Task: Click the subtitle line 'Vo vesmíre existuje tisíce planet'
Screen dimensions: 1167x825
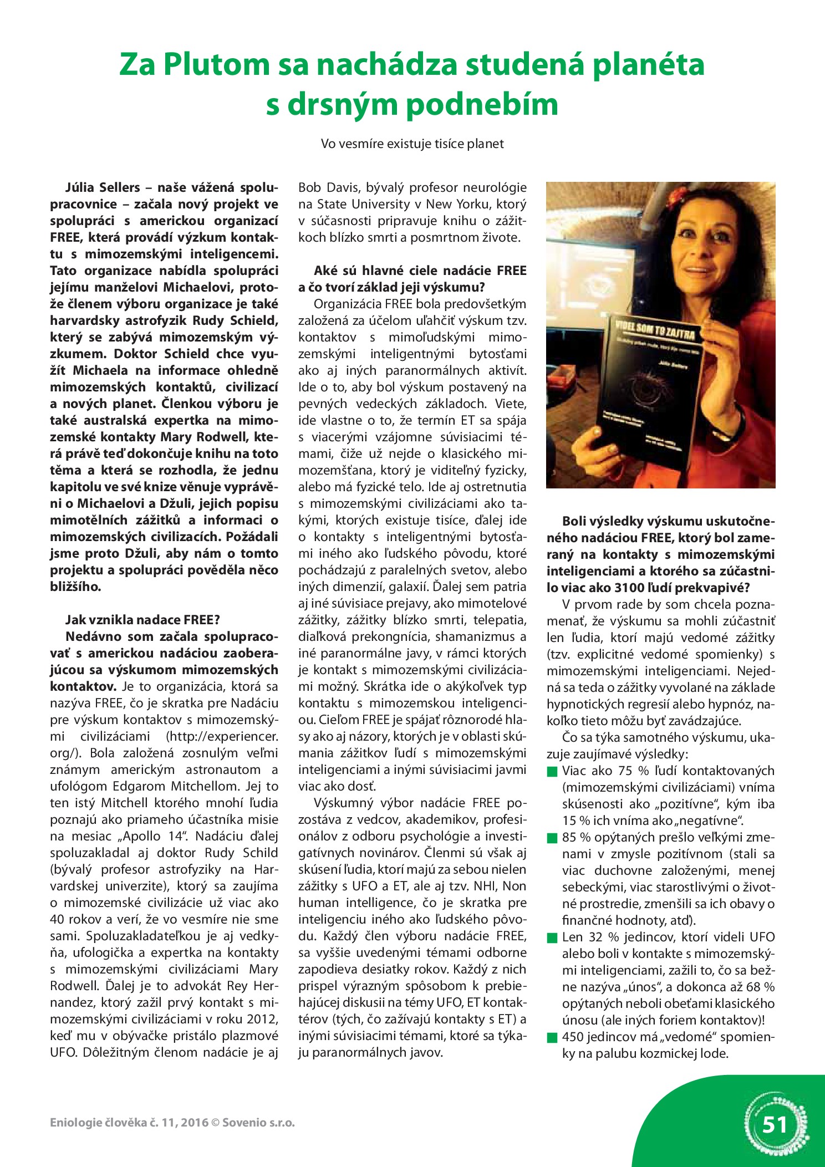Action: pyautogui.click(x=412, y=144)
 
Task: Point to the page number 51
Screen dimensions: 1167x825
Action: pyautogui.click(x=775, y=1125)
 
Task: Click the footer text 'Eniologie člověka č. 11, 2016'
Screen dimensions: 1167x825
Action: pyautogui.click(x=129, y=1123)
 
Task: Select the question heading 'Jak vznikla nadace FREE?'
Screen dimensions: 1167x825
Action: pyautogui.click(x=142, y=620)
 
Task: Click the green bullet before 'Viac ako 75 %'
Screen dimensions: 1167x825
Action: pyautogui.click(x=552, y=771)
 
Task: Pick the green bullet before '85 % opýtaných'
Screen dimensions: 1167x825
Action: pyautogui.click(x=552, y=838)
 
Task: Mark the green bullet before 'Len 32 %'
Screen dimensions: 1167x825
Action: pyautogui.click(x=552, y=937)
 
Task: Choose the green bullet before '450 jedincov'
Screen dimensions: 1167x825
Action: pyautogui.click(x=552, y=1037)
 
